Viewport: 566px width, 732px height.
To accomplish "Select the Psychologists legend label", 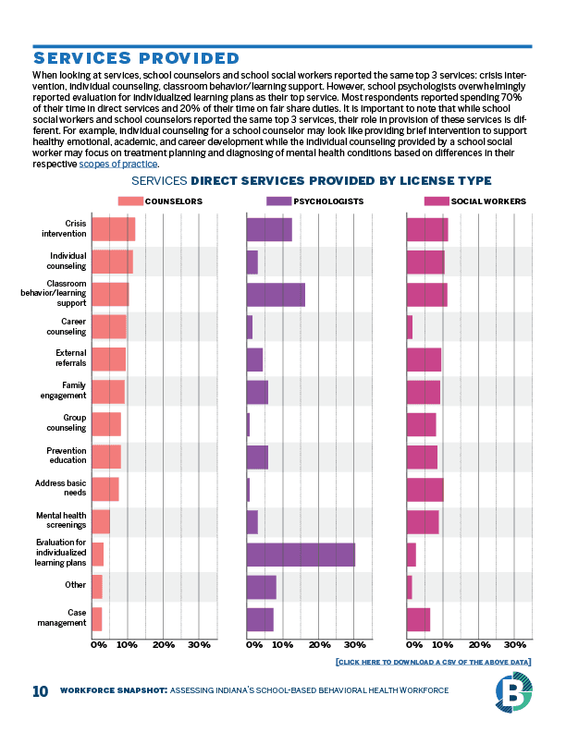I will click(328, 201).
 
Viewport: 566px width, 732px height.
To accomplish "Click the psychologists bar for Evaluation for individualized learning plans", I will click(301, 555).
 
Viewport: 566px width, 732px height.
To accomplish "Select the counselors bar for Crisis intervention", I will click(113, 228).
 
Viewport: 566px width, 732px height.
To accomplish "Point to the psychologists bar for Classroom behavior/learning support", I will click(276, 294).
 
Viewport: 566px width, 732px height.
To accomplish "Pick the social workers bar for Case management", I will click(418, 619).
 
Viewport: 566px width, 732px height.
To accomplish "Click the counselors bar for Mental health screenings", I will click(101, 521).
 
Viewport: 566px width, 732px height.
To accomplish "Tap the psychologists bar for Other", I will click(261, 587).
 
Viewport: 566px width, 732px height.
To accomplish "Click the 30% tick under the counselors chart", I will click(199, 644).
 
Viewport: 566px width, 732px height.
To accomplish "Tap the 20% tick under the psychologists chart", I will click(319, 644).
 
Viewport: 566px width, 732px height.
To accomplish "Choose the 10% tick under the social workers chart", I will click(444, 644).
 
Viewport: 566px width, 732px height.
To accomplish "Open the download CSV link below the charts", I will click(434, 663).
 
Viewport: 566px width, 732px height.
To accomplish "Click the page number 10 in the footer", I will click(40, 691).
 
